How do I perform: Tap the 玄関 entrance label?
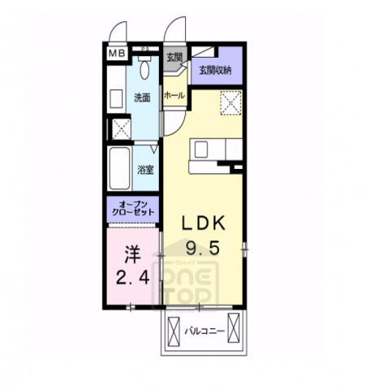(174, 58)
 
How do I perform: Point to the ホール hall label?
(174, 96)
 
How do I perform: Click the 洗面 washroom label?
(143, 97)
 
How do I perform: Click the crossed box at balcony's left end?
(175, 331)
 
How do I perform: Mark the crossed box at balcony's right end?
(233, 331)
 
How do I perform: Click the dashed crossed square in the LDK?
(230, 104)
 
